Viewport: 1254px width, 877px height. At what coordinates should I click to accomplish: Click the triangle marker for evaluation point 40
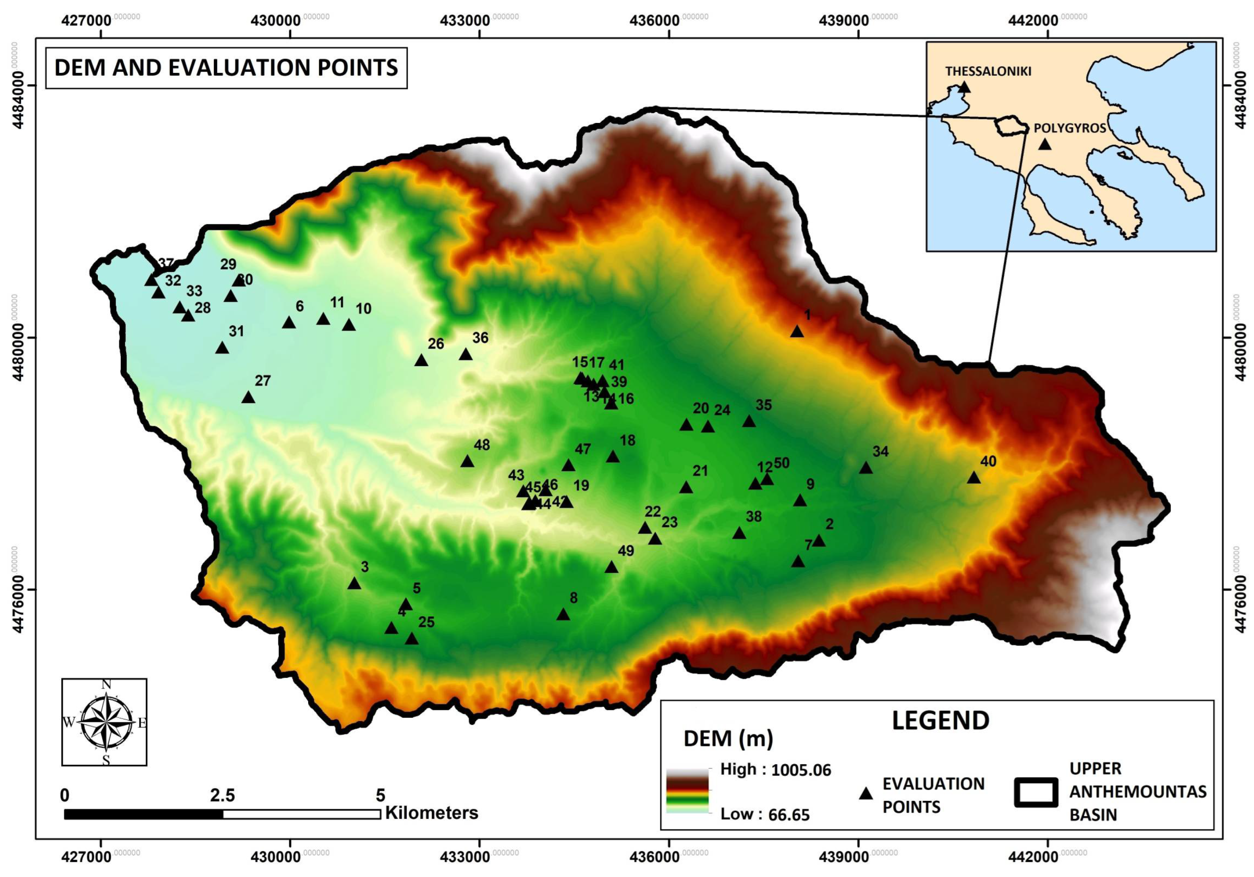[x=974, y=478]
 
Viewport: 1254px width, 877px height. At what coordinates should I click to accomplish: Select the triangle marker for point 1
[x=797, y=332]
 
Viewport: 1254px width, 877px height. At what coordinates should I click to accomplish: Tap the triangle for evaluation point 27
[x=249, y=397]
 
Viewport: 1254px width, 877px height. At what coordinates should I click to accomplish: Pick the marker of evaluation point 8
[x=563, y=614]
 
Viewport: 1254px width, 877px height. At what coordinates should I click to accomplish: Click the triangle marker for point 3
[x=354, y=583]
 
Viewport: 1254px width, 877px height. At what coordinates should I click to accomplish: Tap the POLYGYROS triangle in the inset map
[x=1044, y=144]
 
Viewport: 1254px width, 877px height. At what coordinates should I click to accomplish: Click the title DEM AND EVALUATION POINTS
[x=226, y=68]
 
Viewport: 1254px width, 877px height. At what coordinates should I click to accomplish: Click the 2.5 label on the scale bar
[x=222, y=795]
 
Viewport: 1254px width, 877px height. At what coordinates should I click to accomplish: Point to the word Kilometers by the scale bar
[x=431, y=813]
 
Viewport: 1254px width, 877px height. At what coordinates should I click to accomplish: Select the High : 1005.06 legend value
[x=775, y=770]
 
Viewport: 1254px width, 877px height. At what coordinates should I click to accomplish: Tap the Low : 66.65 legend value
[x=765, y=814]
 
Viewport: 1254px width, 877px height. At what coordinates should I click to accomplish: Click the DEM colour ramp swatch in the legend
[x=687, y=792]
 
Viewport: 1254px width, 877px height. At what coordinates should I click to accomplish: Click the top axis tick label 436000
[x=654, y=21]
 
